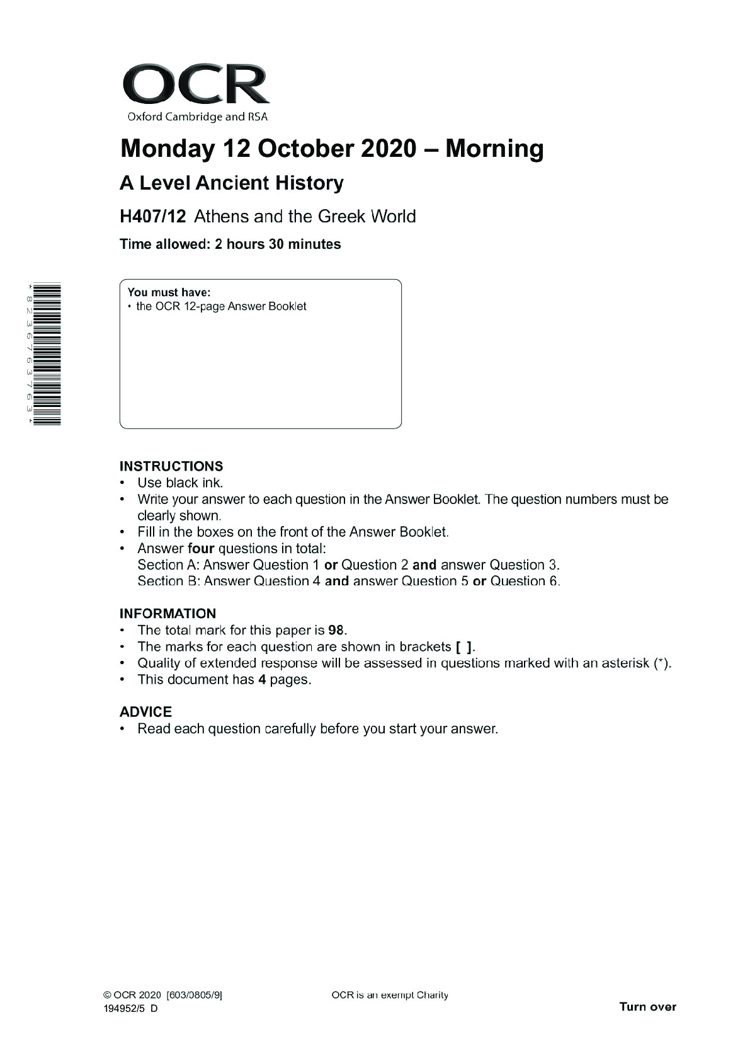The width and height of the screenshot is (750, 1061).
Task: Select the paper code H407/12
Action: (x=153, y=217)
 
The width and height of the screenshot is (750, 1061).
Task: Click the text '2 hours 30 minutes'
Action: (x=278, y=244)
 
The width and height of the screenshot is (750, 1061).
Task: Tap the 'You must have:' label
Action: (x=169, y=292)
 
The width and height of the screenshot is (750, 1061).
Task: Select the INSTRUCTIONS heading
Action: (x=171, y=466)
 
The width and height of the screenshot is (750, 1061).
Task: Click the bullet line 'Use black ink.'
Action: (x=180, y=483)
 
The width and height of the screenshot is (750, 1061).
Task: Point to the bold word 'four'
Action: (x=201, y=549)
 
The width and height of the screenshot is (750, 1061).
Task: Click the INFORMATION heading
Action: (x=168, y=614)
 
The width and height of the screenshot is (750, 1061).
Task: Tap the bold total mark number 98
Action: (x=337, y=630)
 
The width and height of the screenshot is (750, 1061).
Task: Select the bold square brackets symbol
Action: (x=464, y=647)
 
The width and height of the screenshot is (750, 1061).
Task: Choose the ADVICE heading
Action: (x=145, y=712)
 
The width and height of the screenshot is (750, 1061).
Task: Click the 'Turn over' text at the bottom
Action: (x=647, y=1006)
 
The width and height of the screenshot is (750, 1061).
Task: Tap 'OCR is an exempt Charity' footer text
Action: (x=390, y=995)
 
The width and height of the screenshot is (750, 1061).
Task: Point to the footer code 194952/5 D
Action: (x=131, y=1008)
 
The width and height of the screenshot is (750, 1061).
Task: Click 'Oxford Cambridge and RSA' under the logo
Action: (x=197, y=117)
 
